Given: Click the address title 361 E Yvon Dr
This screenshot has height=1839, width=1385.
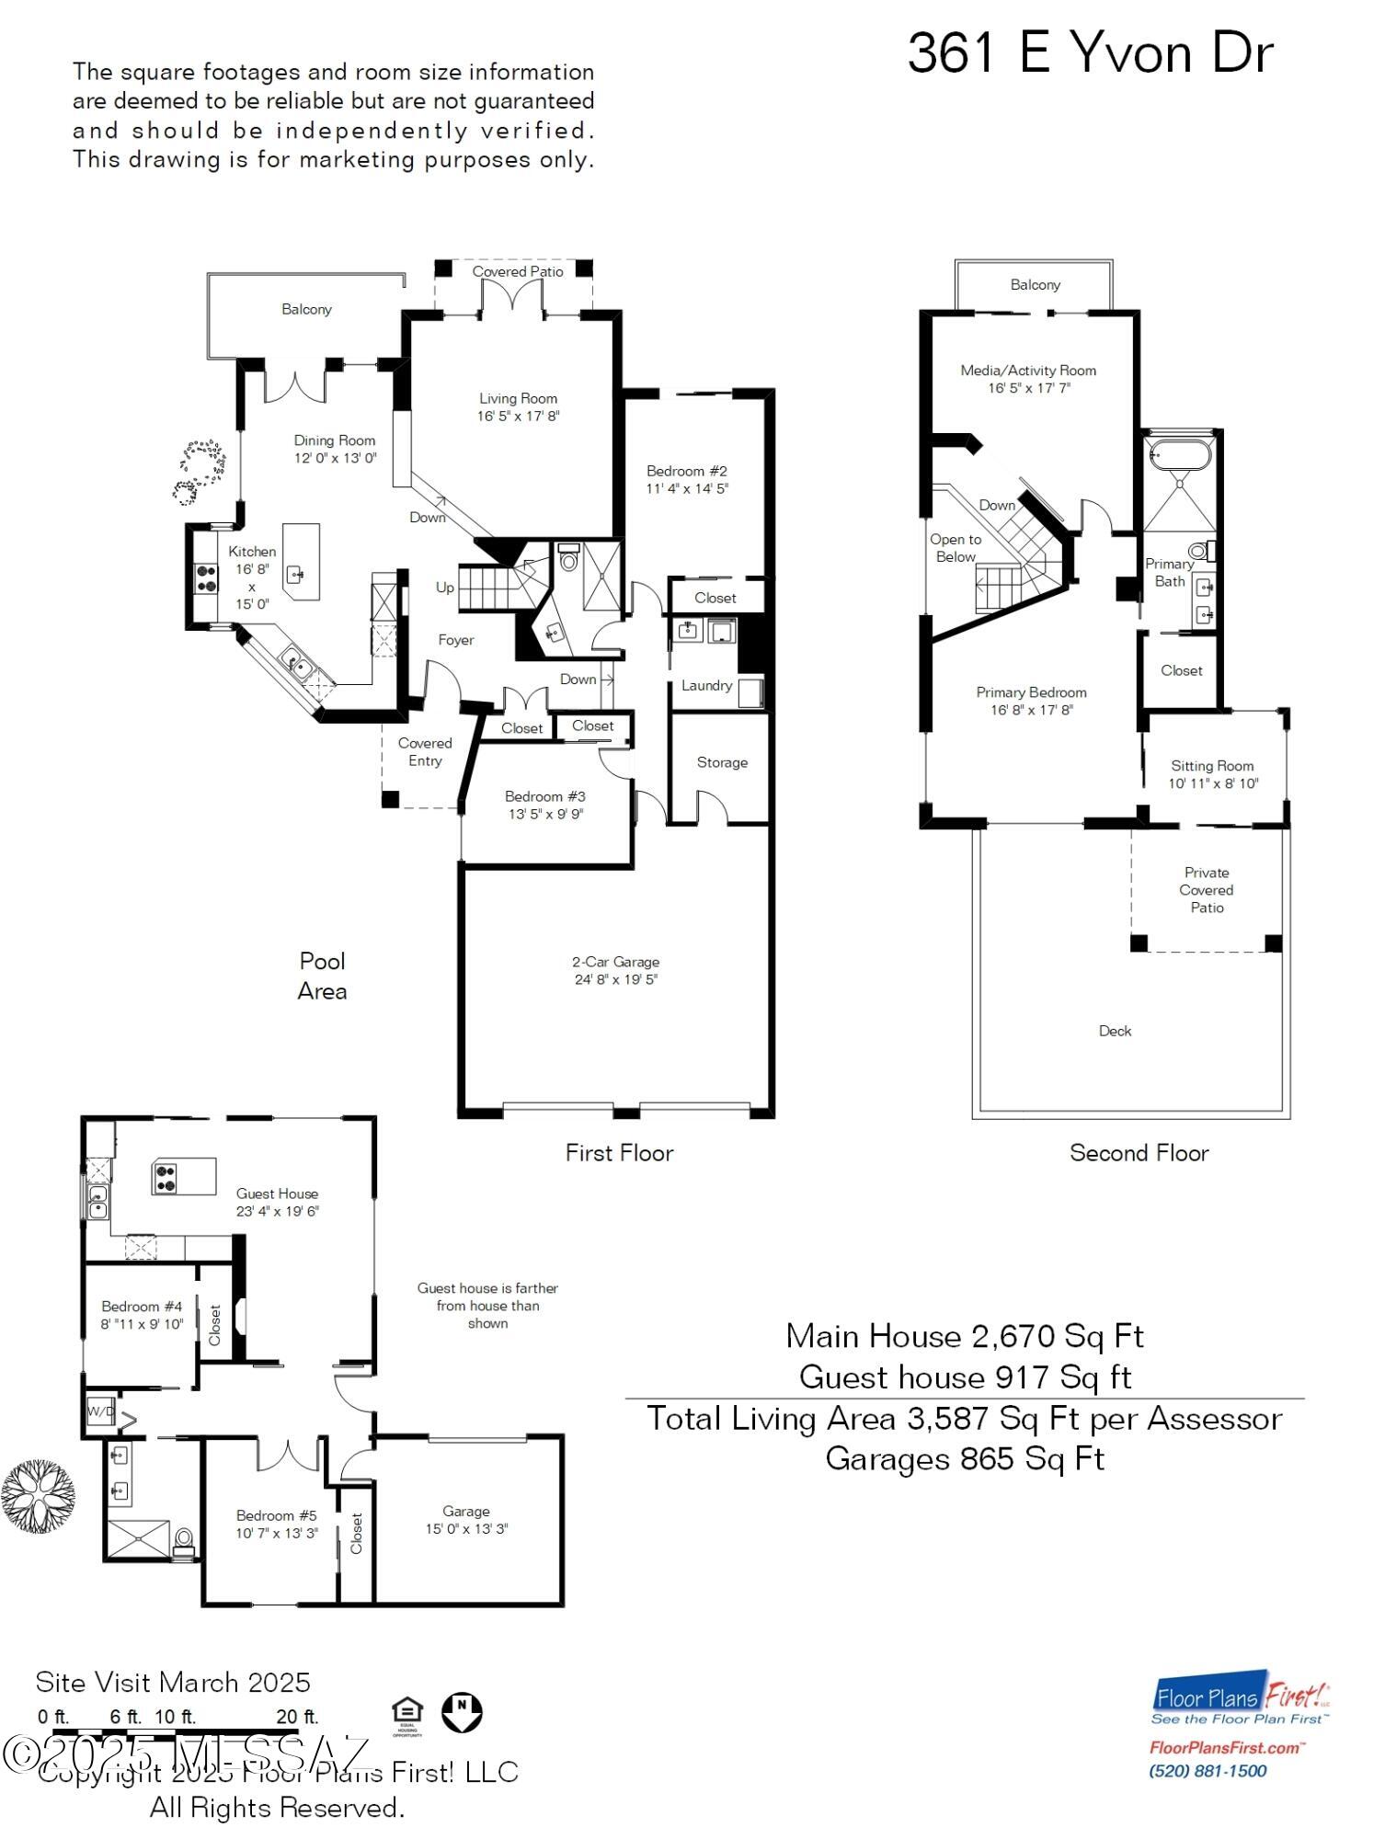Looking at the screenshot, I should pyautogui.click(x=1090, y=53).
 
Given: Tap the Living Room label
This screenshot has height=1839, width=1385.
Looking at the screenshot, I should pyautogui.click(x=518, y=398).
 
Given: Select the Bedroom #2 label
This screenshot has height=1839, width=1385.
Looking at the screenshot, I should pyautogui.click(x=686, y=471).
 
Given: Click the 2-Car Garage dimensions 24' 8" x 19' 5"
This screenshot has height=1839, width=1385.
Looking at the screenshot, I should pyautogui.click(x=615, y=979).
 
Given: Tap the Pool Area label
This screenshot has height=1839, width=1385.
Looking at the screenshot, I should pyautogui.click(x=322, y=976).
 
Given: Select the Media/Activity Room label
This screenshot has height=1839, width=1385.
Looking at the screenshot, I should pyautogui.click(x=1028, y=371).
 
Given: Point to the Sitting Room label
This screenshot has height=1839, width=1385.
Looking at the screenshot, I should pyautogui.click(x=1212, y=766).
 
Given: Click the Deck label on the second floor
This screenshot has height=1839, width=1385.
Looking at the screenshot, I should pyautogui.click(x=1115, y=1031).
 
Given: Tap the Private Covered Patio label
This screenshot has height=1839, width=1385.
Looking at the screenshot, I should pyautogui.click(x=1207, y=889).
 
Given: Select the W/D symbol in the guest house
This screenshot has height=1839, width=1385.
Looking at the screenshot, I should pyautogui.click(x=100, y=1411).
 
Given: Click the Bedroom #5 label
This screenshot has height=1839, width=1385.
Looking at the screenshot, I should pyautogui.click(x=276, y=1515).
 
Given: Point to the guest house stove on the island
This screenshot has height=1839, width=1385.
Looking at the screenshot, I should pyautogui.click(x=166, y=1178).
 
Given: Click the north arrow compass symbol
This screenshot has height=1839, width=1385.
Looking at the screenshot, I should pyautogui.click(x=462, y=1712).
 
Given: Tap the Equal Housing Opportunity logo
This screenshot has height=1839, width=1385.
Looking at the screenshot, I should pyautogui.click(x=406, y=1715).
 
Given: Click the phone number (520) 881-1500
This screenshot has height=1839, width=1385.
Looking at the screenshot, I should pyautogui.click(x=1208, y=1771).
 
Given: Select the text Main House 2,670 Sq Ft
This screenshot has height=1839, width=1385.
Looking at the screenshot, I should pyautogui.click(x=964, y=1336).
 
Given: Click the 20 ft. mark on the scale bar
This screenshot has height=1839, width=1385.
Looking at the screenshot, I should pyautogui.click(x=297, y=1717).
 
